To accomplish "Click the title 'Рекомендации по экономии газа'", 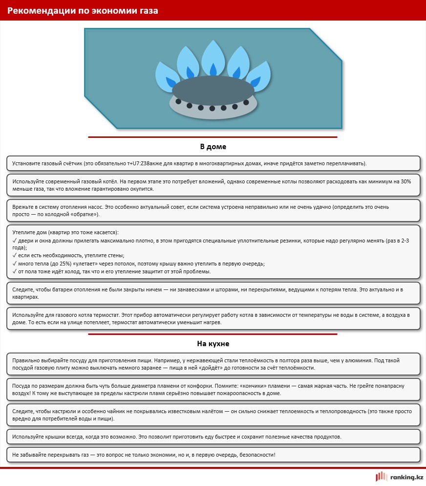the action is coord(83,11).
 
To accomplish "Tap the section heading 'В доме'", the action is coord(213,147).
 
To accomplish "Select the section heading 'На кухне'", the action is coord(213,344).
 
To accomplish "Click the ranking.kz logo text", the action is coord(406,477).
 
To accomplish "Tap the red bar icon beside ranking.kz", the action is coord(382,476).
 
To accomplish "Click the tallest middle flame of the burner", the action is coord(213,58).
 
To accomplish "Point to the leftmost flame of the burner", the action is coord(167,76).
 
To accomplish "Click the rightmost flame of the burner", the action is coord(259,76).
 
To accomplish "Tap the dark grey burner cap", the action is coord(213,90).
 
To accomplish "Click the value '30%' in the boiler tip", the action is coord(406,181).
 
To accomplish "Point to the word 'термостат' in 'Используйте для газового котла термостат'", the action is coord(107,315).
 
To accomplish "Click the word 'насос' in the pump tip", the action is coord(95,207).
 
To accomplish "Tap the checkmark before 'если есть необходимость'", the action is coord(14,255).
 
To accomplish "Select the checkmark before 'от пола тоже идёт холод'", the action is coord(14,271).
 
